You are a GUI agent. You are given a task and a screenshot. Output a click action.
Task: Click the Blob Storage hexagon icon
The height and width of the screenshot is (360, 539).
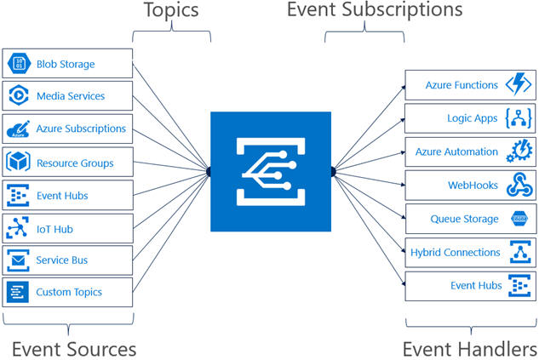pyautogui.click(x=20, y=63)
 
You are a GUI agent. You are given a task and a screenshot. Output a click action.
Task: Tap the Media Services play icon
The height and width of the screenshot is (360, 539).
pyautogui.click(x=19, y=94)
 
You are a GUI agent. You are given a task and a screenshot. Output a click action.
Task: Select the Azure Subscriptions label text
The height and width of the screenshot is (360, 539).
pyautogui.click(x=81, y=129)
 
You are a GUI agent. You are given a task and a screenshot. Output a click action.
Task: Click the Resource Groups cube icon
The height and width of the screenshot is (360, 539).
pyautogui.click(x=18, y=162)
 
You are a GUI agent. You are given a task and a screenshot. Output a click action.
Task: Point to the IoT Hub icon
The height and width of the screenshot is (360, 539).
pyautogui.click(x=18, y=227)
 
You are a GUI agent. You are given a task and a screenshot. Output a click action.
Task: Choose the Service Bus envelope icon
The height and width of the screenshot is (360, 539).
pyautogui.click(x=18, y=260)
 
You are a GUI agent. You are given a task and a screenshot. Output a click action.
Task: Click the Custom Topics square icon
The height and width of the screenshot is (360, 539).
pyautogui.click(x=18, y=292)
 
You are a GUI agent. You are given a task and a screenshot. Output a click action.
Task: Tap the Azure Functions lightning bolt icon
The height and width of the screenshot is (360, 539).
pyautogui.click(x=519, y=83)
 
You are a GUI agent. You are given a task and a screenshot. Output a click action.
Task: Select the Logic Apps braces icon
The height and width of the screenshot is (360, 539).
pyautogui.click(x=519, y=118)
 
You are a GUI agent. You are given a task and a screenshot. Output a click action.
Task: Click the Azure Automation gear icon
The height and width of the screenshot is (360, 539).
pyautogui.click(x=519, y=150)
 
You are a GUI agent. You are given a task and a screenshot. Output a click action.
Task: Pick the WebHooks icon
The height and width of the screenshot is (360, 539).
pyautogui.click(x=519, y=185)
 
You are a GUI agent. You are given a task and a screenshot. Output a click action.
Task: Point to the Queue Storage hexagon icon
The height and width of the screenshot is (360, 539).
pyautogui.click(x=519, y=218)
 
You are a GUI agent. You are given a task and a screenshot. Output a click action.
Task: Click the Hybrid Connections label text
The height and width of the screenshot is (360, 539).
pyautogui.click(x=455, y=253)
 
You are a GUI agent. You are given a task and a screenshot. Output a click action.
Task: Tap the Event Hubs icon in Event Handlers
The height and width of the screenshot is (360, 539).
pyautogui.click(x=519, y=285)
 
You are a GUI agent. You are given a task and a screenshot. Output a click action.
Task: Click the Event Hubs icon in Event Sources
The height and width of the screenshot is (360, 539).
pyautogui.click(x=18, y=195)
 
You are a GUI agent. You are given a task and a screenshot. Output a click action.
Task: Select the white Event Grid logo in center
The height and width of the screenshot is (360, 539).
pyautogui.click(x=271, y=171)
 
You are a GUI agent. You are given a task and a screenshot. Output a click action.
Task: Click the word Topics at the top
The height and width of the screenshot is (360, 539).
pyautogui.click(x=171, y=10)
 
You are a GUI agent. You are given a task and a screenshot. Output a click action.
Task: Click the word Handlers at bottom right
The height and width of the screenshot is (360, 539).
pyautogui.click(x=492, y=349)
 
